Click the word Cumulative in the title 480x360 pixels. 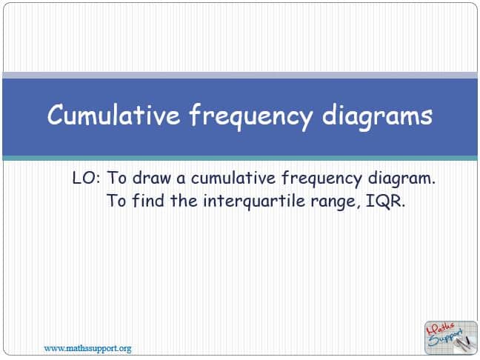(x=113, y=115)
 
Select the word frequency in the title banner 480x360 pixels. (x=250, y=116)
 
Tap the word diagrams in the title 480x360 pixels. (x=377, y=117)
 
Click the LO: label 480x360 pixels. (x=87, y=178)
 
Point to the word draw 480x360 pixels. (x=152, y=178)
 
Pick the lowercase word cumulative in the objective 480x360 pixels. (x=233, y=178)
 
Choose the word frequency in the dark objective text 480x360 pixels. (x=321, y=179)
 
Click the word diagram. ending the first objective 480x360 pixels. (x=401, y=179)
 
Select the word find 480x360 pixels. (x=148, y=201)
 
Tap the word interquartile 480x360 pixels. (x=254, y=201)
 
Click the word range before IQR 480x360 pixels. (x=335, y=203)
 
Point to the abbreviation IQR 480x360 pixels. (x=385, y=201)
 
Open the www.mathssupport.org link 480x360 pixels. (x=87, y=348)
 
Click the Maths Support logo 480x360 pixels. (x=451, y=338)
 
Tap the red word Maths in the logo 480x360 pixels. (x=442, y=329)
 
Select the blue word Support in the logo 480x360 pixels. (x=446, y=338)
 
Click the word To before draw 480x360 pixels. (x=116, y=178)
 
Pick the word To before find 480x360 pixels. (x=116, y=201)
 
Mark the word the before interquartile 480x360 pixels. (x=184, y=201)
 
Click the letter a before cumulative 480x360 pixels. (x=181, y=179)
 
